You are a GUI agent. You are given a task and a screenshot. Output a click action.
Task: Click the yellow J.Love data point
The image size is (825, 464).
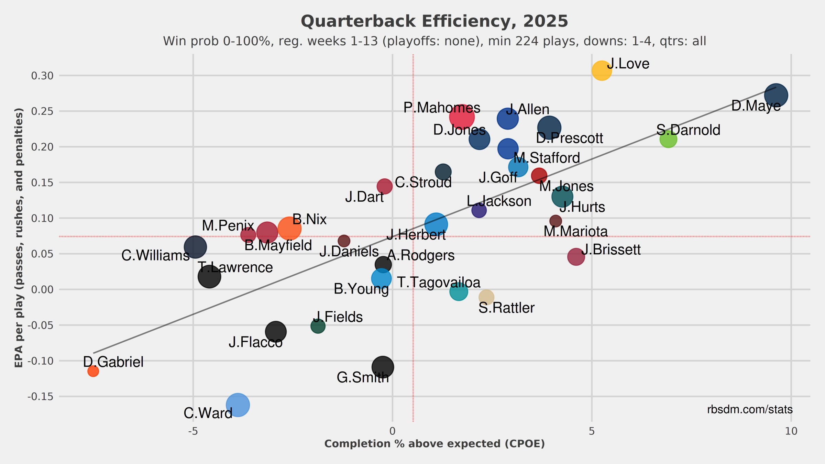602,71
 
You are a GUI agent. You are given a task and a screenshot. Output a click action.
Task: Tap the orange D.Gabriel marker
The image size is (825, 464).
93,371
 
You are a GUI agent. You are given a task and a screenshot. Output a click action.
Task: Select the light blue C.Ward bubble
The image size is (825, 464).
238,405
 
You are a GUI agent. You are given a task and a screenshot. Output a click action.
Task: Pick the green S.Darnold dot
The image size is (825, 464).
668,139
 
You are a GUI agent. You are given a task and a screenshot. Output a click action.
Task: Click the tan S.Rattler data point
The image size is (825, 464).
486,297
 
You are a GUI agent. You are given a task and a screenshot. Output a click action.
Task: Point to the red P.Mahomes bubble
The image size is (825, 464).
462,117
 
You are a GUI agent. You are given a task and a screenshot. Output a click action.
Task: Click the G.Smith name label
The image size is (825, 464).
363,377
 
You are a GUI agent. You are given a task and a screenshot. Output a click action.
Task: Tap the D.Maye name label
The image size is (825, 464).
756,106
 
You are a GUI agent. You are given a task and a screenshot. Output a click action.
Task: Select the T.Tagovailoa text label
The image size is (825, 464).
439,283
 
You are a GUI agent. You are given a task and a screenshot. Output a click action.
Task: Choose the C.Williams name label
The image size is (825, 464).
155,256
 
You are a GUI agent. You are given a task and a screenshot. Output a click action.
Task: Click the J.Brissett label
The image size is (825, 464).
611,250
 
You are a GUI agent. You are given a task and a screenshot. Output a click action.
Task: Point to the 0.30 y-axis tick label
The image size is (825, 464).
42,76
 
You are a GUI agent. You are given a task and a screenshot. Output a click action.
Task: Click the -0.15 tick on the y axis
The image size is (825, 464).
40,397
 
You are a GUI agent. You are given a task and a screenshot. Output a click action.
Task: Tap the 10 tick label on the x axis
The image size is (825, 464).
791,431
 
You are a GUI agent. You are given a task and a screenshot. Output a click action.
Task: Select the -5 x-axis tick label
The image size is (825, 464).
193,431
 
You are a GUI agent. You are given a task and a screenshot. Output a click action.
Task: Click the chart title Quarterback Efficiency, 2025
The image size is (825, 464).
434,21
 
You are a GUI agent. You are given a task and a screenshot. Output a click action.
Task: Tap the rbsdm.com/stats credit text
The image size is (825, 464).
750,409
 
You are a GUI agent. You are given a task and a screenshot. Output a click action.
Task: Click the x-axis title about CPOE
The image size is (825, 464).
434,444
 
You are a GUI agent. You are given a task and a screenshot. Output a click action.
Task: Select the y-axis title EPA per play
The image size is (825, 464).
19,237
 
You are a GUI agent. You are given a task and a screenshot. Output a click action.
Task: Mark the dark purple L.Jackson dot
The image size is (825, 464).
479,210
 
